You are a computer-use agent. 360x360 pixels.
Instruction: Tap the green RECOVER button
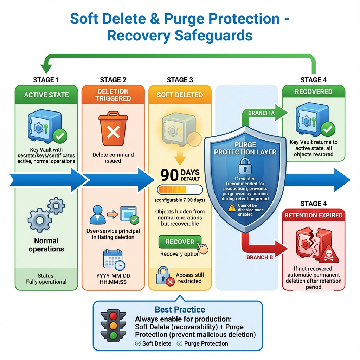tap(180, 242)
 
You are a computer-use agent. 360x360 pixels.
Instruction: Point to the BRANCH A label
tap(261, 113)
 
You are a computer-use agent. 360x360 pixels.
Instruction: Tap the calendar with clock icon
tap(114, 260)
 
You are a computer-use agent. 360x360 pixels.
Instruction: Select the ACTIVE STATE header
tap(46, 95)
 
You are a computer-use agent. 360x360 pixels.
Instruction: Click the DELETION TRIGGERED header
tap(113, 95)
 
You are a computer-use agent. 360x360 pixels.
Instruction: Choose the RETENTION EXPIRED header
tap(314, 215)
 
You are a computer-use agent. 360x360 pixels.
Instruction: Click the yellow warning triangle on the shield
tap(232, 208)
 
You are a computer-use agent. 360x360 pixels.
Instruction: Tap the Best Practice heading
tap(180, 310)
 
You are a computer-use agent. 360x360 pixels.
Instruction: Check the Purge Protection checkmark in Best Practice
tap(179, 343)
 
